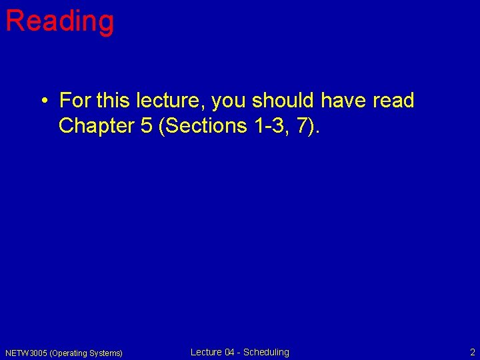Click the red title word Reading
click(x=59, y=21)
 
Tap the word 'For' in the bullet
click(x=75, y=101)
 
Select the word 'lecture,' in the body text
click(x=173, y=101)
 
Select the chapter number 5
click(x=147, y=125)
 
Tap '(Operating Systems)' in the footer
click(x=86, y=353)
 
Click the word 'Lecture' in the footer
click(x=206, y=352)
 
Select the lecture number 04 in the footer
click(x=231, y=352)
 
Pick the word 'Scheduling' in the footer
click(x=267, y=352)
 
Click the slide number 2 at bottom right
click(x=472, y=352)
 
